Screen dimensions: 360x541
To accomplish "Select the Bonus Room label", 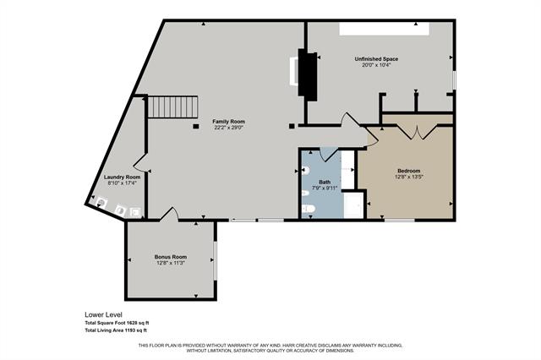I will [170, 256].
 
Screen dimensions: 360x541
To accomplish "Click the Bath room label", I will [325, 181].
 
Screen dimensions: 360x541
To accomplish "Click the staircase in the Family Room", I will [172, 106].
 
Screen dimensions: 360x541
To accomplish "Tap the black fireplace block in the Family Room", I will [308, 74].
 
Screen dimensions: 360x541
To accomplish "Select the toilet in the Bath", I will [309, 208].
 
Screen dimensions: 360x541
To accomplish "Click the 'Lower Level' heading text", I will [102, 314].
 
